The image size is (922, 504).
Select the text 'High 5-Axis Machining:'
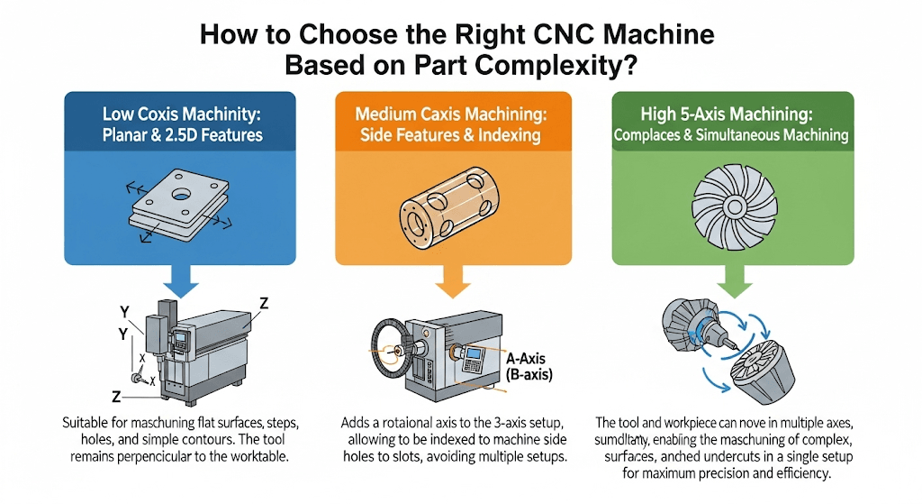(730, 115)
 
